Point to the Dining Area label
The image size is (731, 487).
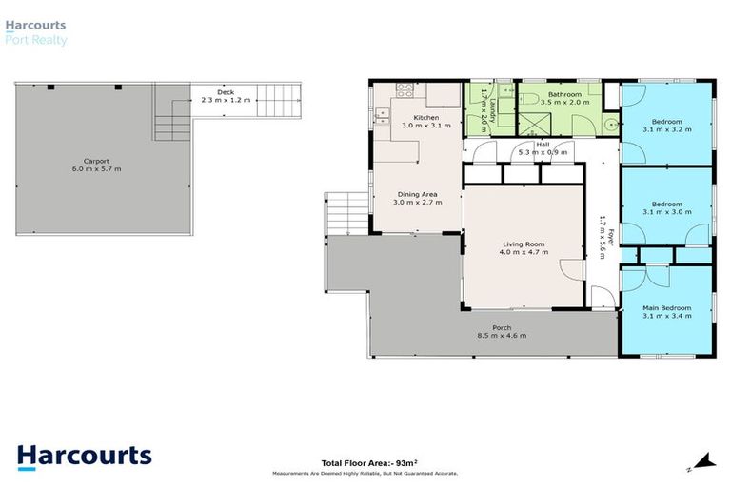coord(417,198)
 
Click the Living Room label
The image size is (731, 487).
coord(522,249)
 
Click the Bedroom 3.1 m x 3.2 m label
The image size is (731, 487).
coord(666,125)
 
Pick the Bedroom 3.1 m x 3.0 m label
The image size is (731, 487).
coord(666,208)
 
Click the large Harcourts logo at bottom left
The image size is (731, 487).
coord(84,455)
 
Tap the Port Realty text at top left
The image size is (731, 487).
coord(40,41)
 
